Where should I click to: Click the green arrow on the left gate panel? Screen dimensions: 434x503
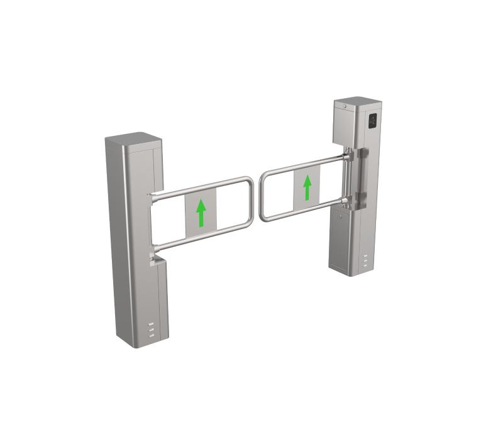201,213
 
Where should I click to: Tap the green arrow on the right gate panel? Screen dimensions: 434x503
307,187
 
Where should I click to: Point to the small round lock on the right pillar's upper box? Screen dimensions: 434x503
345,108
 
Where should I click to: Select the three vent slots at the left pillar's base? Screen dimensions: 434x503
150,330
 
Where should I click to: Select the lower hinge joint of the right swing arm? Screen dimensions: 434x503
346,201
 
